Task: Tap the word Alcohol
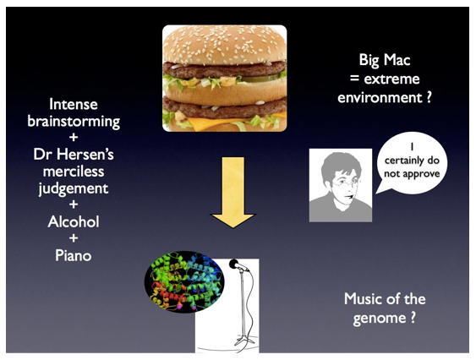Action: point(74,222)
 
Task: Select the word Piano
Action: point(74,255)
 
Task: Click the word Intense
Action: point(74,105)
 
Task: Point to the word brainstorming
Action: point(74,122)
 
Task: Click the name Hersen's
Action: point(85,155)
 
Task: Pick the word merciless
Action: point(74,172)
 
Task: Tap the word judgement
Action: point(74,189)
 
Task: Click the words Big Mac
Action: point(385,60)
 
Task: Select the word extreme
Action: point(392,79)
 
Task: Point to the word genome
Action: point(380,319)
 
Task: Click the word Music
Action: point(362,299)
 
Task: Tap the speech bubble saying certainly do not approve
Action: point(412,163)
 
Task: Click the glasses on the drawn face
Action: point(346,183)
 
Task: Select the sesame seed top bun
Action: point(225,44)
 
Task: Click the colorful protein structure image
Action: point(184,281)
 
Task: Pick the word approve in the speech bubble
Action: point(422,174)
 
